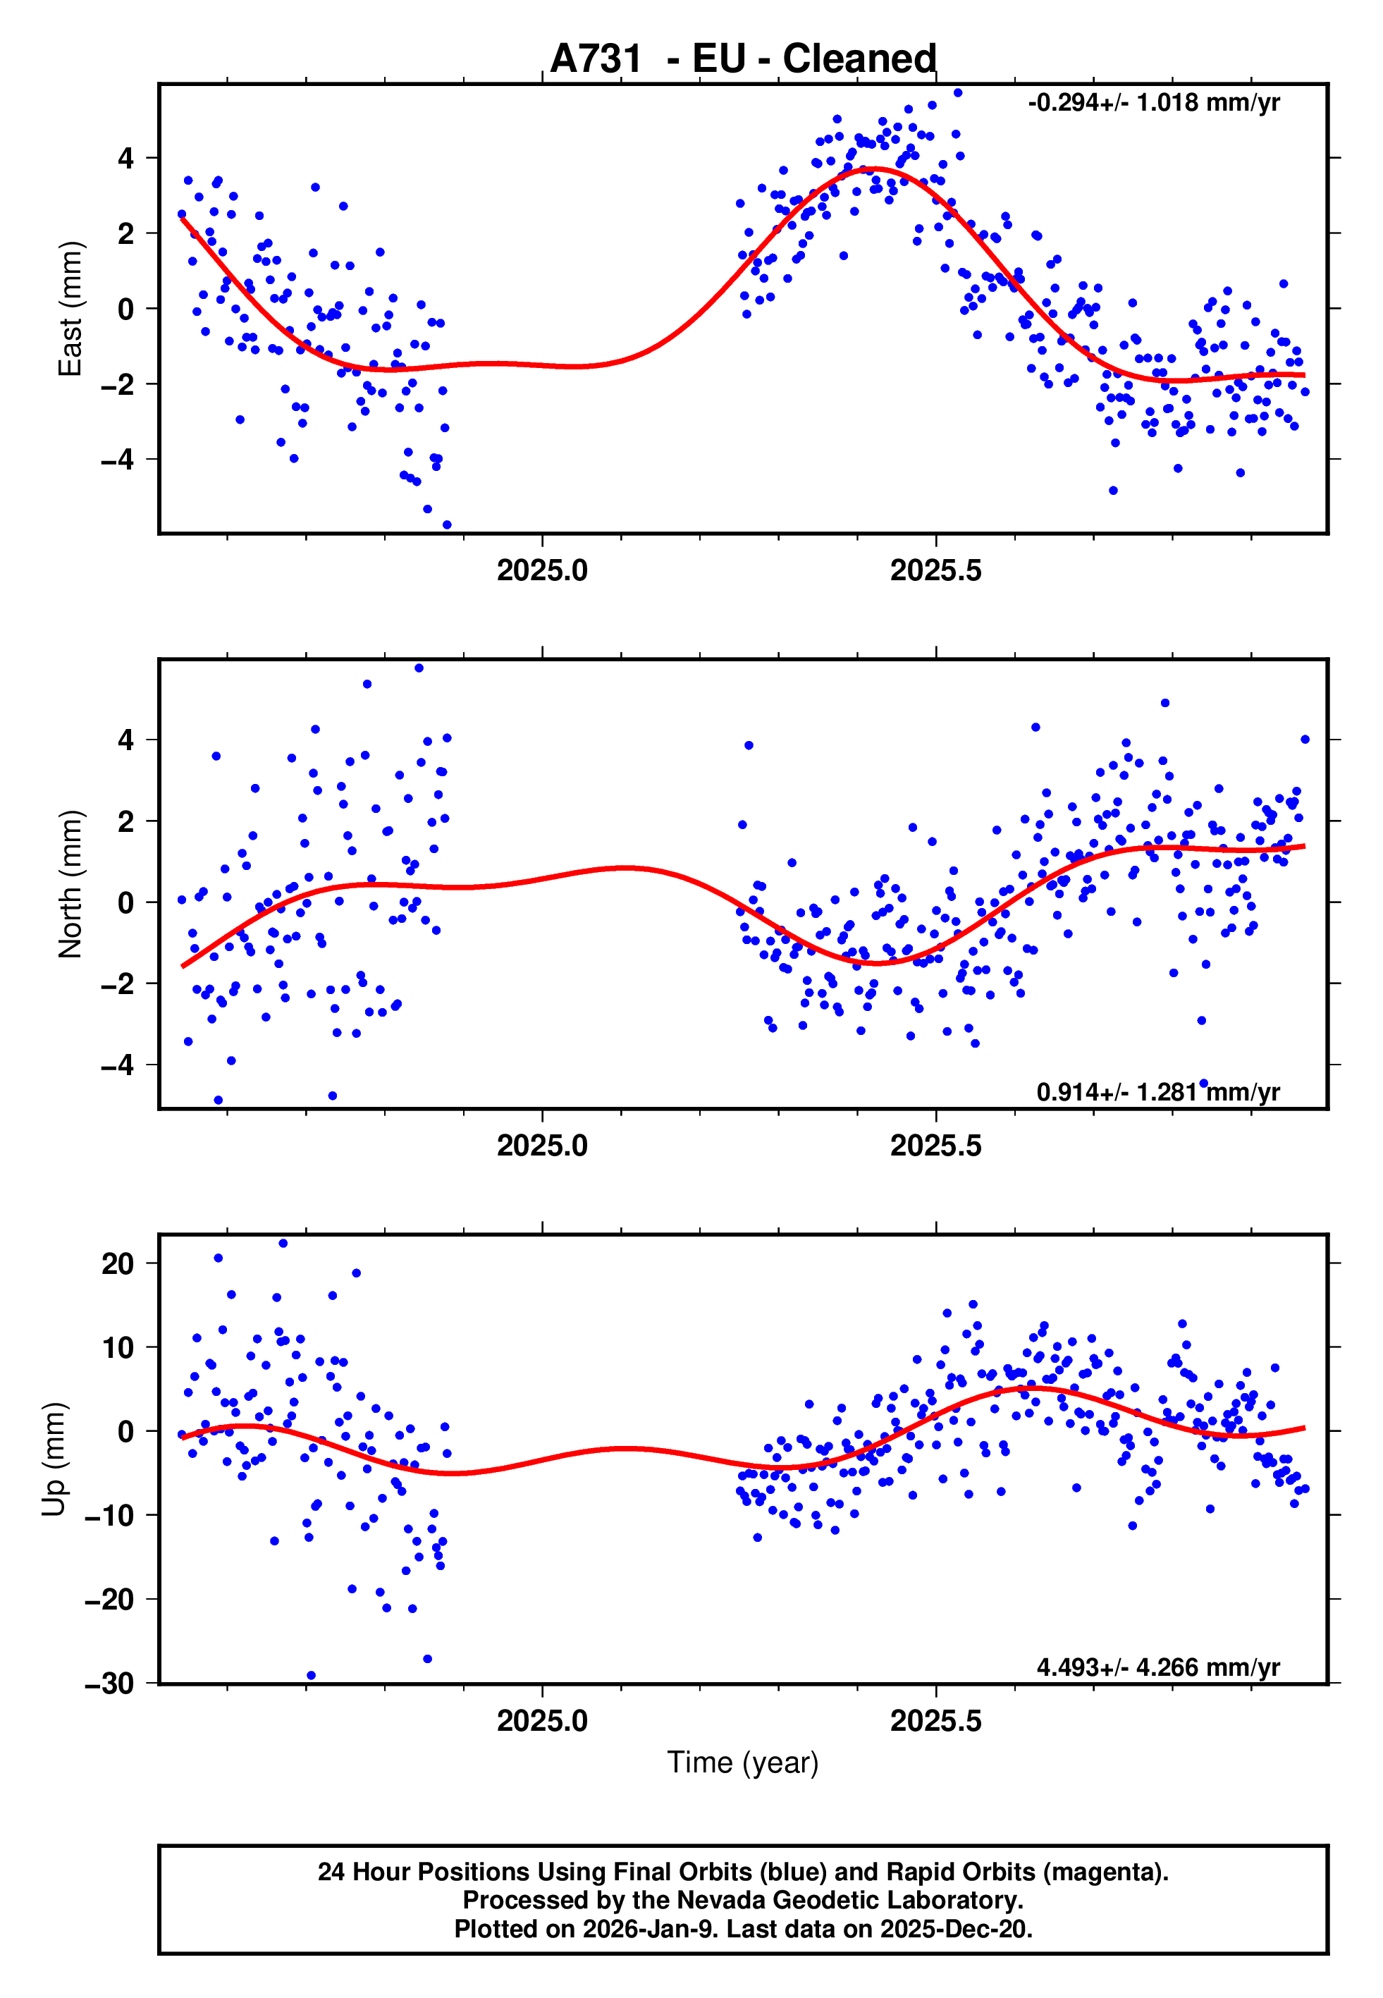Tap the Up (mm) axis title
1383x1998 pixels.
point(54,1459)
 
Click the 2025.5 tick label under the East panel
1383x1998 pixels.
point(936,570)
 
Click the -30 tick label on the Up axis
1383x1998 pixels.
point(109,1684)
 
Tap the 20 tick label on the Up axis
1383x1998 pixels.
point(118,1264)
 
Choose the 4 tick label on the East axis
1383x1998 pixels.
point(126,159)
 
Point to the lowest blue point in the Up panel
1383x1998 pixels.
point(311,1676)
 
